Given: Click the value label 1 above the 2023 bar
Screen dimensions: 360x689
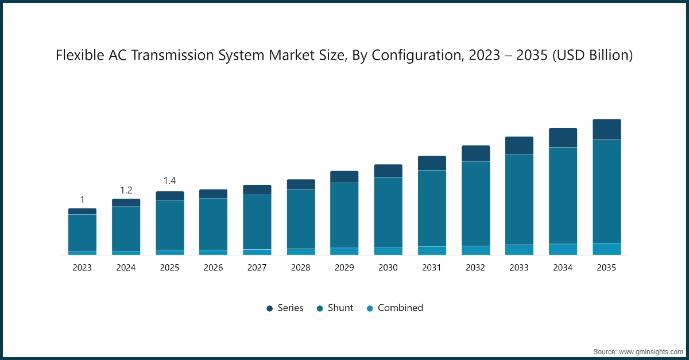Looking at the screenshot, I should (x=82, y=200).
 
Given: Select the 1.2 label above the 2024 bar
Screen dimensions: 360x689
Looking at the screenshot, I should (x=126, y=190).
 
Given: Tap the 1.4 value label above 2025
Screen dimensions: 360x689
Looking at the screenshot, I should (x=169, y=181).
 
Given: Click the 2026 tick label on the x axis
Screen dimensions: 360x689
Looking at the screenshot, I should (x=213, y=268).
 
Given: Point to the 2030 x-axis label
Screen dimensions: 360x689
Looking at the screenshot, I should (x=388, y=268).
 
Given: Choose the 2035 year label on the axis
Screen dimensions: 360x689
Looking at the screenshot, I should (x=606, y=268).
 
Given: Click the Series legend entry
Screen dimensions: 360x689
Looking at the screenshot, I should (x=285, y=308).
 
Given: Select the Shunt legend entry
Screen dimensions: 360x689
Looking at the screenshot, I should (x=335, y=308).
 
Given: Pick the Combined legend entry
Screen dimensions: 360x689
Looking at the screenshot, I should (x=394, y=308).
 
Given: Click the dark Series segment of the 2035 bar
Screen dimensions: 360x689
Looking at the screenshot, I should (x=606, y=129).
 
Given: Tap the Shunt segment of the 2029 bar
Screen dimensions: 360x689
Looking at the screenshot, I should (x=344, y=215).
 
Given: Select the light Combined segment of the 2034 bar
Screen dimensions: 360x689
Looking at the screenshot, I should (x=563, y=249).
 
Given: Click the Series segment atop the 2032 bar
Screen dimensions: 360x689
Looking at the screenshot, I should (x=475, y=153).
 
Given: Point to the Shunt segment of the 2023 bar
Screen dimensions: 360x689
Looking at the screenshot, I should (x=82, y=233).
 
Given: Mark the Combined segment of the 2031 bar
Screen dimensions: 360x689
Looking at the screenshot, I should (x=432, y=250).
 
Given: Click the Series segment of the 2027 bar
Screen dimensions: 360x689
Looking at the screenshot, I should (x=257, y=189).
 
